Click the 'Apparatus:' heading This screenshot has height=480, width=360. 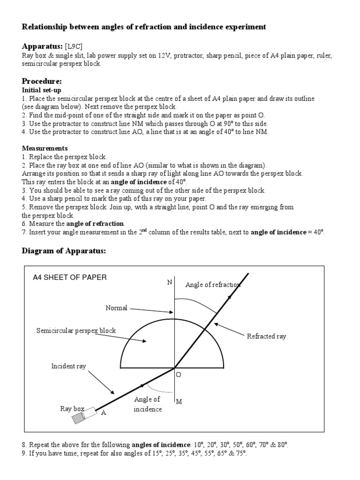click(x=42, y=47)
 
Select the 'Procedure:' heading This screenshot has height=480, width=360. click(x=42, y=82)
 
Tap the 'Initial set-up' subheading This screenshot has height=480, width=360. click(x=42, y=90)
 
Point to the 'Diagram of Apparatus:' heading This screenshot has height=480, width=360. click(x=64, y=251)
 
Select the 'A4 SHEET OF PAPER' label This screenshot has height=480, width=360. click(x=69, y=277)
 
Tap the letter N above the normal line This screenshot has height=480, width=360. click(x=169, y=282)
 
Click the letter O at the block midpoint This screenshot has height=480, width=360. click(x=179, y=375)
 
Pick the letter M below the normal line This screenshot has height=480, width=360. click(x=179, y=401)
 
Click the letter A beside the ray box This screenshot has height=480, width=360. click(x=104, y=413)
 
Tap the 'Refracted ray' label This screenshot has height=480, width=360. click(x=266, y=336)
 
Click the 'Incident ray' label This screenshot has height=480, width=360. click(x=68, y=366)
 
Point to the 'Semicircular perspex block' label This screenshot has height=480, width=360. click(x=76, y=330)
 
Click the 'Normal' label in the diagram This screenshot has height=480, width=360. click(x=116, y=308)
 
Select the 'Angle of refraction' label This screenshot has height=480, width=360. click(x=213, y=285)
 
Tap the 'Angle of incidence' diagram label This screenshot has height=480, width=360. click(x=147, y=404)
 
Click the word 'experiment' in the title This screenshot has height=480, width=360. click(x=243, y=27)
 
